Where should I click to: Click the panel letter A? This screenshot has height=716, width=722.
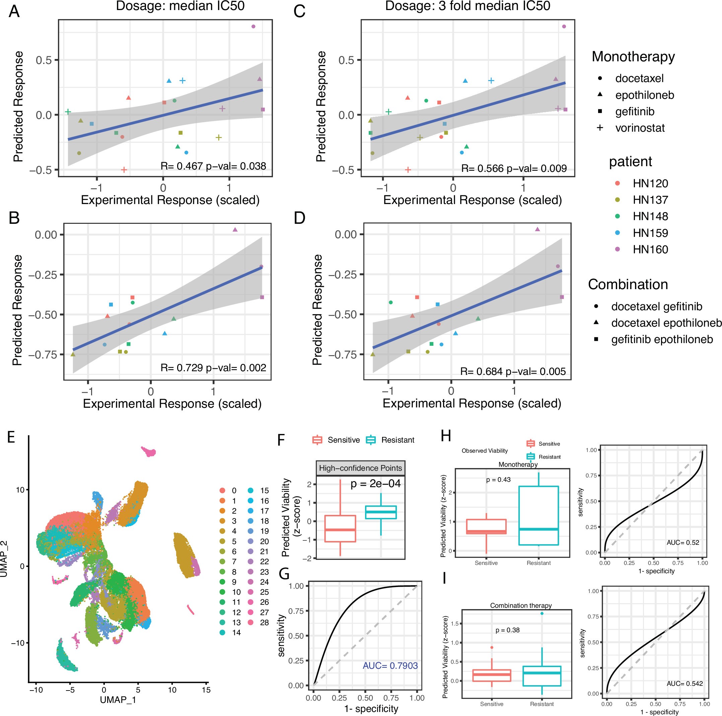tap(14, 11)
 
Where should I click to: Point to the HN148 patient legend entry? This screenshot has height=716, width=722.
tap(650, 216)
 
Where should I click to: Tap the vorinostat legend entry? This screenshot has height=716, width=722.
tap(639, 128)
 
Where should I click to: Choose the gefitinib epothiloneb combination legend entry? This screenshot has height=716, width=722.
tap(661, 339)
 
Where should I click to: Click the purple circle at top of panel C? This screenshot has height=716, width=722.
tap(564, 26)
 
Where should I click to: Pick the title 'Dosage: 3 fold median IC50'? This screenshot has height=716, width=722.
tap(467, 6)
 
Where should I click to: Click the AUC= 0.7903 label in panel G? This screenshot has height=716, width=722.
tap(390, 665)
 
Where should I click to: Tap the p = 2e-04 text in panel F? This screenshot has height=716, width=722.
tap(375, 483)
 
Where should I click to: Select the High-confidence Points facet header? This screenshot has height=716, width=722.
tap(360, 468)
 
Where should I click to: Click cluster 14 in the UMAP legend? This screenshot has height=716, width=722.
tap(236, 633)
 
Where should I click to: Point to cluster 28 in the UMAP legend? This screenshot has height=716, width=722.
tap(264, 623)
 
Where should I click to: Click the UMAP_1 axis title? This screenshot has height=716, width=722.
tap(118, 700)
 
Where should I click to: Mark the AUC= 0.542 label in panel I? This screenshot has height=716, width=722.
tap(684, 684)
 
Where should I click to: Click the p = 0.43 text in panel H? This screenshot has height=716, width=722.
tap(498, 480)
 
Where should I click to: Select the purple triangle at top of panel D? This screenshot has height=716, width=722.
tap(537, 229)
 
